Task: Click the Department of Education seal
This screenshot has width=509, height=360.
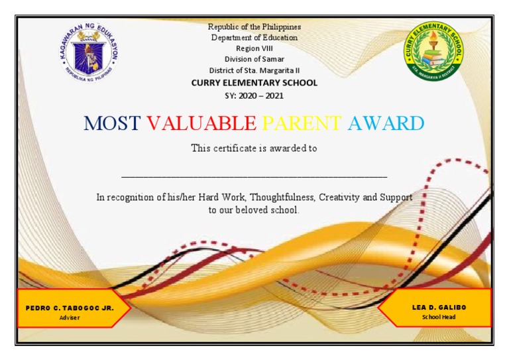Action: click(x=89, y=52)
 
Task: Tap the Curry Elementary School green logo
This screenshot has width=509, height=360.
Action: click(x=433, y=51)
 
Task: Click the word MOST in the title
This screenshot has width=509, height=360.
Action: click(x=112, y=123)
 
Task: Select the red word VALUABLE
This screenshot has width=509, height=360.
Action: click(x=201, y=123)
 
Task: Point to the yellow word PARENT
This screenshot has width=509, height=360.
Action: click(x=302, y=123)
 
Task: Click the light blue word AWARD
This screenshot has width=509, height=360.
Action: click(x=386, y=123)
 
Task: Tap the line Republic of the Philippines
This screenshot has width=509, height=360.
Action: click(x=254, y=27)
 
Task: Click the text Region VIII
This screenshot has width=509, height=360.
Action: click(x=254, y=48)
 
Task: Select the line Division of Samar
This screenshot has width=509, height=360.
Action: click(x=254, y=59)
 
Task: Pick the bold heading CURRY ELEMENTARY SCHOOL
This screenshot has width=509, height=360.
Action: click(x=254, y=83)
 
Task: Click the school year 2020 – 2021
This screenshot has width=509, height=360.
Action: click(x=261, y=95)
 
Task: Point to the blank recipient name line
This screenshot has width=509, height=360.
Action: click(x=254, y=177)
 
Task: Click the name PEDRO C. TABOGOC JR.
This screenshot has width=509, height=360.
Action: click(x=70, y=308)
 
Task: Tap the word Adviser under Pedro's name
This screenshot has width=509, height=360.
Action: click(x=70, y=318)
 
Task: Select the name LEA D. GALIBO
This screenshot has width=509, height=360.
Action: click(x=439, y=307)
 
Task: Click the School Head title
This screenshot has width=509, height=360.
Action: click(x=439, y=317)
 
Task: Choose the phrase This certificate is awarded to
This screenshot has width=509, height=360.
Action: click(x=254, y=149)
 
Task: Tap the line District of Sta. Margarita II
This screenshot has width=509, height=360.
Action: click(x=254, y=70)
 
